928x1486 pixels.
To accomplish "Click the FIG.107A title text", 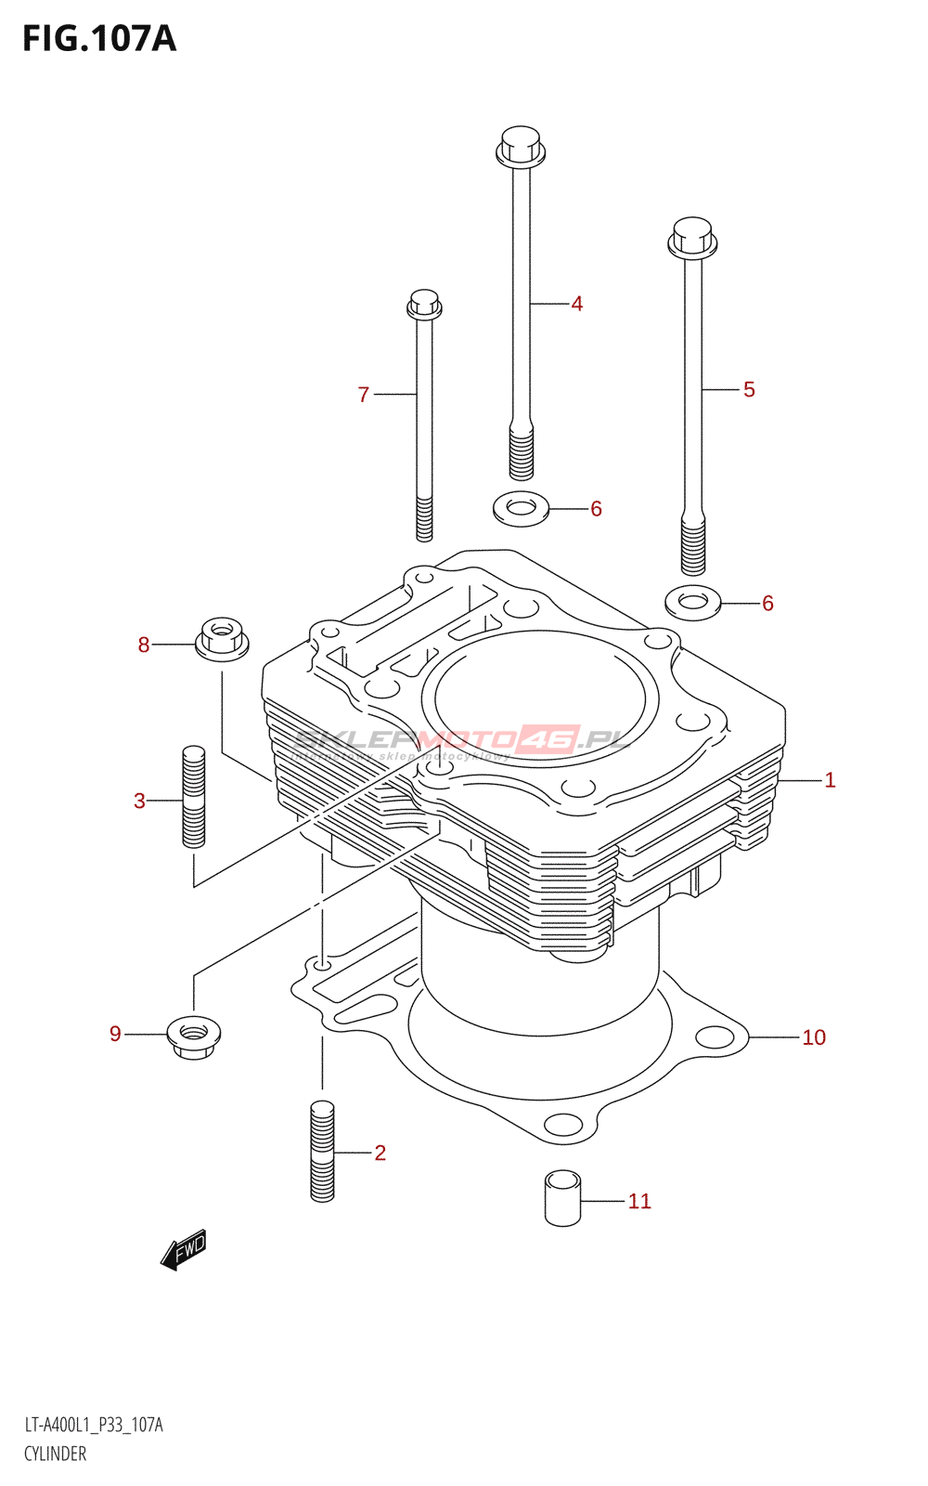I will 99,39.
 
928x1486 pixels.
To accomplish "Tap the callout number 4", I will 576,304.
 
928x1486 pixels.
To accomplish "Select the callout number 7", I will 364,395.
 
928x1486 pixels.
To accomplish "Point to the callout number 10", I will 814,1037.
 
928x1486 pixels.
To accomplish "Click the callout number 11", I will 639,1201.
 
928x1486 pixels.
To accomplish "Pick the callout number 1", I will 830,780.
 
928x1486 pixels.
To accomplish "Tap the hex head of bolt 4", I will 520,147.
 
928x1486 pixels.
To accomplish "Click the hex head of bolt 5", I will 692,237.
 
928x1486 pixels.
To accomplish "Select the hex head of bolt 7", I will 424,304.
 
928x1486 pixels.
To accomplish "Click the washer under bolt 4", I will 521,508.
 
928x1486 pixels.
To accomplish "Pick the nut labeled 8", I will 222,639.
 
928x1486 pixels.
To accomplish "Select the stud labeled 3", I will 193,797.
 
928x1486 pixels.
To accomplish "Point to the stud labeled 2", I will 322,1152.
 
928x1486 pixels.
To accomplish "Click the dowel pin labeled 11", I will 562,1199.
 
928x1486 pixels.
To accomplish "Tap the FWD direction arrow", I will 184,1250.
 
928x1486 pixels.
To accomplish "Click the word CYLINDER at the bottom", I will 55,1453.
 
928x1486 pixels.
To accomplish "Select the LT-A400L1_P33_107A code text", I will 93,1425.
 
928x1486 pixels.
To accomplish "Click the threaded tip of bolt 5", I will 692,548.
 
